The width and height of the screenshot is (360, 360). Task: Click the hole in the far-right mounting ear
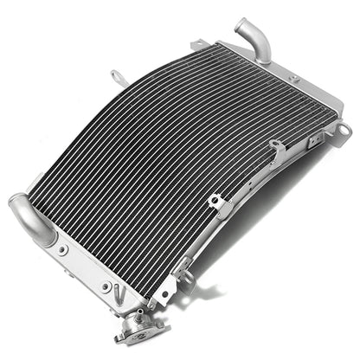click(344, 130)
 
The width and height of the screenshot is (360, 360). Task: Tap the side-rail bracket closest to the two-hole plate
click(219, 205)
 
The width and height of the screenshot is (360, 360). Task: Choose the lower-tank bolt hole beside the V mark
click(106, 286)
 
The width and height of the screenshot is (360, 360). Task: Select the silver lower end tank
click(87, 260)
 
